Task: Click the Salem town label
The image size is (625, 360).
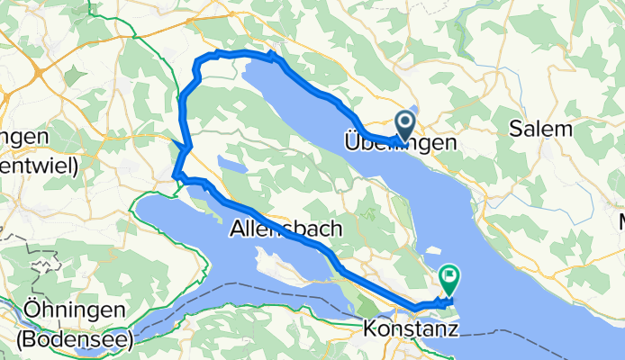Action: [540, 129]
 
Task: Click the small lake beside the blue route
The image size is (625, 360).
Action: [231, 168]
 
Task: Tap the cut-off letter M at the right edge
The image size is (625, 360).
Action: [620, 220]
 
